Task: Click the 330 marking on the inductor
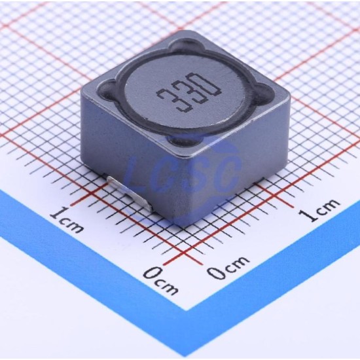[x=189, y=93]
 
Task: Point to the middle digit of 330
[x=189, y=94]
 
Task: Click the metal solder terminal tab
[x=130, y=193]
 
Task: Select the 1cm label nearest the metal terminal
[x=67, y=219]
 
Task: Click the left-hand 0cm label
[x=161, y=281]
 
